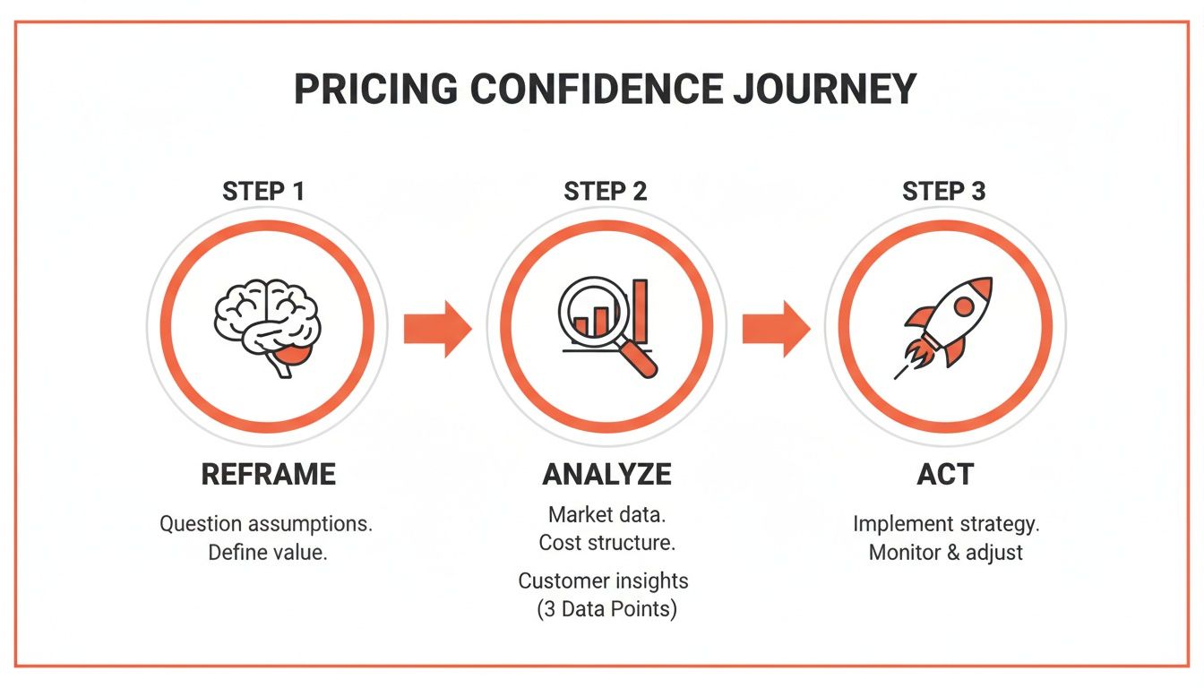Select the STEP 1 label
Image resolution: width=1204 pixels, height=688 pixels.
click(264, 192)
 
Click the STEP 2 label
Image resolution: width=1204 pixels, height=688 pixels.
click(606, 192)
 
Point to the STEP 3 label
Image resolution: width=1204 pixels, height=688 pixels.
click(944, 192)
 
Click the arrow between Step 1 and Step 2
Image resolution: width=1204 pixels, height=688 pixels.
click(436, 329)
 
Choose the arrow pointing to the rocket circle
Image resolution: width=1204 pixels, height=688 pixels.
click(775, 329)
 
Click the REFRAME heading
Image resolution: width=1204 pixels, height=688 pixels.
click(268, 474)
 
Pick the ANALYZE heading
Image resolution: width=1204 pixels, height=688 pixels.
click(606, 474)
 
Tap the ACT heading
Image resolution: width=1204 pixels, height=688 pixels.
click(945, 474)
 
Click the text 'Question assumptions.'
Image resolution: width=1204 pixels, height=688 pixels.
click(266, 524)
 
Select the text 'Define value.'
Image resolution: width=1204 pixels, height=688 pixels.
click(268, 553)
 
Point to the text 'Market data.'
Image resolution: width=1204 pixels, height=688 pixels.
click(606, 515)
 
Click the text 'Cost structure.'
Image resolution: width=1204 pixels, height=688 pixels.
click(606, 543)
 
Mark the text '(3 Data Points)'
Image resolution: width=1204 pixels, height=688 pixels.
click(606, 610)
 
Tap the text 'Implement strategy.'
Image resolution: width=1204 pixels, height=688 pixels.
click(946, 524)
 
